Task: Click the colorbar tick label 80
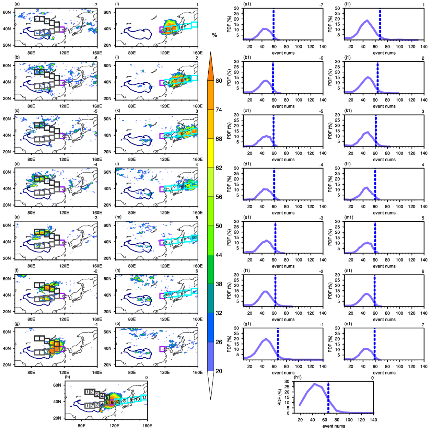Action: coord(219,81)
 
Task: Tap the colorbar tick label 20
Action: coord(219,371)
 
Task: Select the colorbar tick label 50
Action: coord(219,226)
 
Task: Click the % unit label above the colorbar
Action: coord(215,35)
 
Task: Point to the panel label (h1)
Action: coord(298,378)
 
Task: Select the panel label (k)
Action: coord(118,111)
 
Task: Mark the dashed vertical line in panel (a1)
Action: coord(273,24)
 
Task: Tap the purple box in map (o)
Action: coord(163,349)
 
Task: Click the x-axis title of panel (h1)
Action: coord(334,426)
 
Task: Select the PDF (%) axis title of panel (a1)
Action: coord(229,24)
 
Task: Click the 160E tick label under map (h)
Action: coord(147,426)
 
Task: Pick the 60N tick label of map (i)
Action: coord(107,12)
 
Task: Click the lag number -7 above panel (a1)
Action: coord(321,4)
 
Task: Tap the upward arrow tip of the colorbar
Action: coord(210,53)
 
